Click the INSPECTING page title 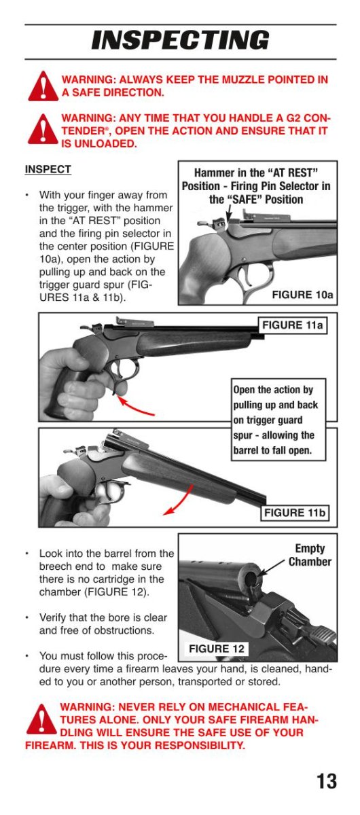click(181, 39)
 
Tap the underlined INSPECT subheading click(48, 170)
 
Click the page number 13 click(327, 781)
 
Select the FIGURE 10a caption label click(302, 294)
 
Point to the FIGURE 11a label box click(293, 325)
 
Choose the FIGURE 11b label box click(295, 513)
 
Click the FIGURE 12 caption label click(217, 649)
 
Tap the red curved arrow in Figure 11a click(135, 407)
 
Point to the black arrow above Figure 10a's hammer click(230, 212)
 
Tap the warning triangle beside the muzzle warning click(43, 86)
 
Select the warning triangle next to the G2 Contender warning click(43, 129)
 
